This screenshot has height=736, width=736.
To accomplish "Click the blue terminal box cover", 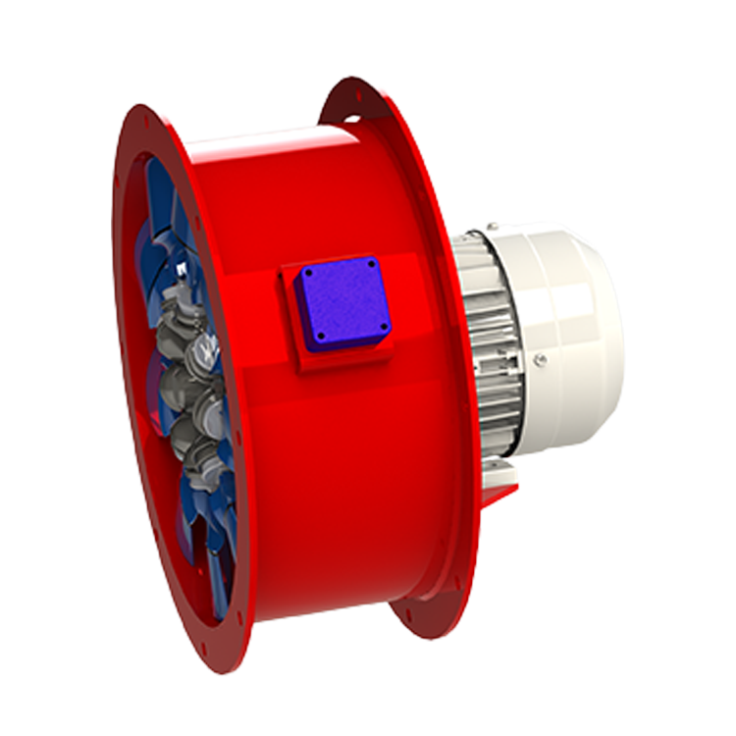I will (x=342, y=302).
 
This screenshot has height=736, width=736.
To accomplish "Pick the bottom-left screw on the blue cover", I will (x=319, y=342).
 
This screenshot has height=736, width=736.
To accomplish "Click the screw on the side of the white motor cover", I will (x=539, y=360).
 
